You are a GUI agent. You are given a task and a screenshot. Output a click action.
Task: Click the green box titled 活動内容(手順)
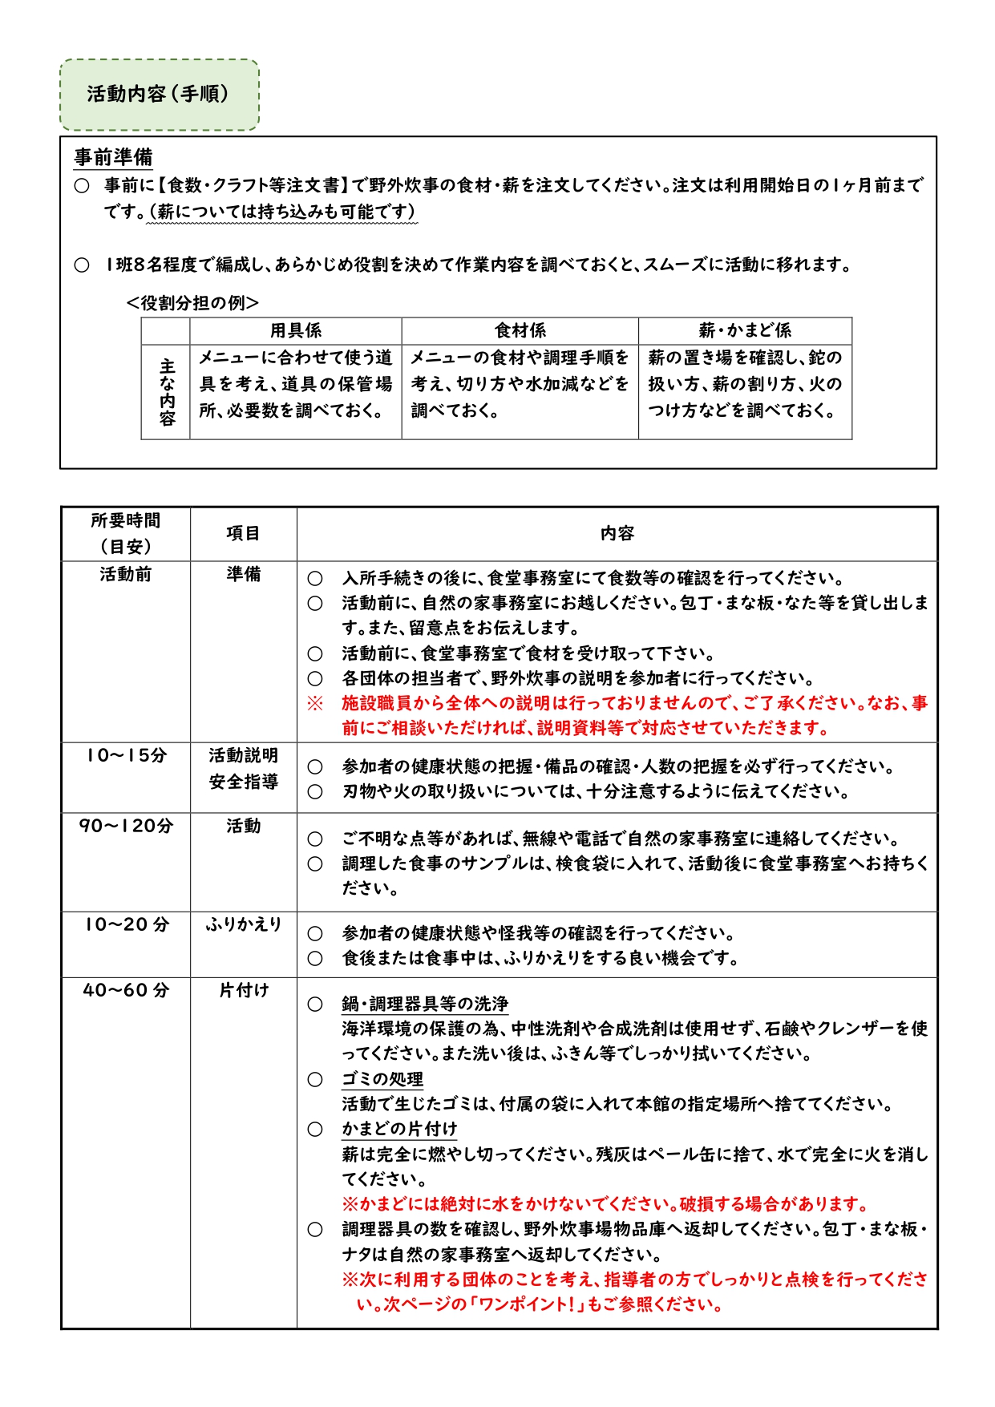point(159,95)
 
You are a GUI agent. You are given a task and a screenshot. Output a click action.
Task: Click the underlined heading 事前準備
point(113,157)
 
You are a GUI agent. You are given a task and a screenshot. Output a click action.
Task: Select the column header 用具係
point(295,330)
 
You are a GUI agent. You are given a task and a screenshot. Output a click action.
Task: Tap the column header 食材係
point(520,330)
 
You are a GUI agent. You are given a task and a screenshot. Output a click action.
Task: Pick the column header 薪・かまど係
point(744,330)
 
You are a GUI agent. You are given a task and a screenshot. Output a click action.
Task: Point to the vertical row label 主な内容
point(166,392)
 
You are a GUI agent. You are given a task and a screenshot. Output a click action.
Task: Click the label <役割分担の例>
point(192,303)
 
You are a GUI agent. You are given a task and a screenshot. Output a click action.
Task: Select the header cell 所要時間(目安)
point(126,533)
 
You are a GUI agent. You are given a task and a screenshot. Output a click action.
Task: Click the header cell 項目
point(243,533)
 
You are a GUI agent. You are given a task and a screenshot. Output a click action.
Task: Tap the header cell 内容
point(617,533)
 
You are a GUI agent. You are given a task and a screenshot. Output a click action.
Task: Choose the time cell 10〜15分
point(126,755)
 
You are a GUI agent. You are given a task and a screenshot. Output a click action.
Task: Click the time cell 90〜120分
point(126,826)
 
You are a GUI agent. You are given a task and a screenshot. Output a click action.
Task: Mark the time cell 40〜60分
point(126,990)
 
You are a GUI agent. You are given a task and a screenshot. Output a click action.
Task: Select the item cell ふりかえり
point(243,924)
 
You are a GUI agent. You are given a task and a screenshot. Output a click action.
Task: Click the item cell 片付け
point(243,990)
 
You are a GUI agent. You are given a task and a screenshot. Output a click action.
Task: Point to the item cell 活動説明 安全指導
point(243,768)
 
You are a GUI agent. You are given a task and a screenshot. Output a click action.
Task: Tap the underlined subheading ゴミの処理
point(382,1079)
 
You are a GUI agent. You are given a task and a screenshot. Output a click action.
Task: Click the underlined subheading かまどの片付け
point(399,1129)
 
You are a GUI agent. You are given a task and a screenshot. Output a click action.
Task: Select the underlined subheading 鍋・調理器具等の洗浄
point(425,1004)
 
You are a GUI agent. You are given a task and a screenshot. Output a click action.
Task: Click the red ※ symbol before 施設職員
point(315,703)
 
